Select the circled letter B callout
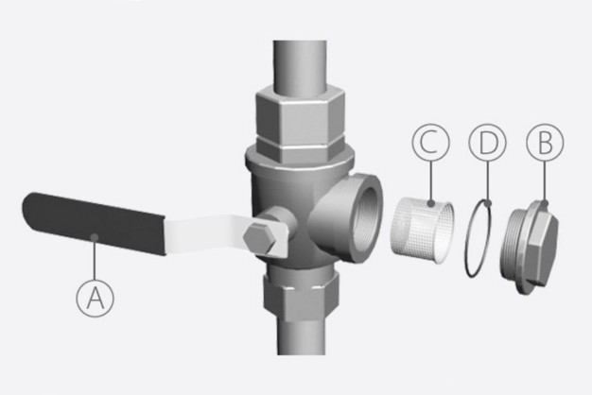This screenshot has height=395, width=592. [546, 144]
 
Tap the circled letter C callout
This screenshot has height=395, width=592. [430, 144]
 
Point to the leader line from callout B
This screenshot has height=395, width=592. [545, 181]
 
